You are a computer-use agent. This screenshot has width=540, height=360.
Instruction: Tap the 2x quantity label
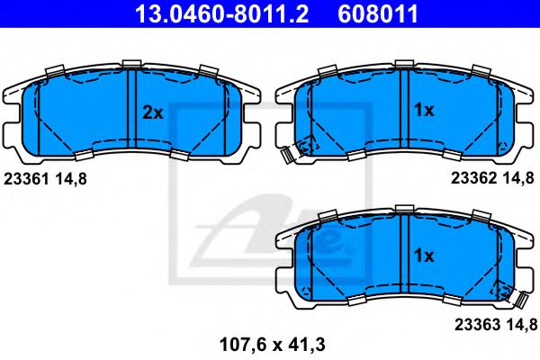point(152,112)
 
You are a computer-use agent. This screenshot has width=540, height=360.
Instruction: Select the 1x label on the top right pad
point(423,111)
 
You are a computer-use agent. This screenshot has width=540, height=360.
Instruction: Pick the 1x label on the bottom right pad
point(423,256)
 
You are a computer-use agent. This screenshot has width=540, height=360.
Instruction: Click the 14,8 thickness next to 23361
point(71,179)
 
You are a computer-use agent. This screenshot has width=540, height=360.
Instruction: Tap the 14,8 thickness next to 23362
point(518,179)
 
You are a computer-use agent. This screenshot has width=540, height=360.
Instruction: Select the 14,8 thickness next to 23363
point(518,323)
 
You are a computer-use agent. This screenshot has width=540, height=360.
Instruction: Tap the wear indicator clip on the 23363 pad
point(519,298)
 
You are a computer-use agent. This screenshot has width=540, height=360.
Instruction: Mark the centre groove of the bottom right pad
point(403,252)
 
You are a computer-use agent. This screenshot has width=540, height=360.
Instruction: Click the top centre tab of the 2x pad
point(132,62)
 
